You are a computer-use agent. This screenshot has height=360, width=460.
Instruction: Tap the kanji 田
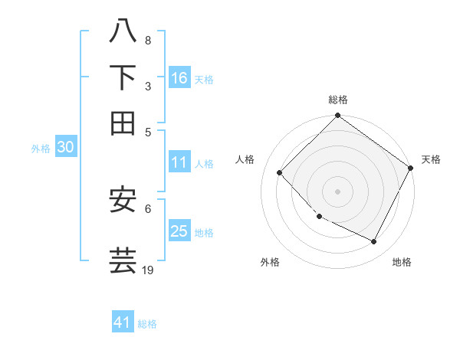tap(123, 123)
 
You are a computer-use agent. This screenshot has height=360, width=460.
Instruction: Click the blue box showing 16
tap(179, 78)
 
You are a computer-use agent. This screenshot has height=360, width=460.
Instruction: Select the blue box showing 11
tap(179, 162)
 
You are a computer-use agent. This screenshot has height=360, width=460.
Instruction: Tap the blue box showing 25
tap(179, 231)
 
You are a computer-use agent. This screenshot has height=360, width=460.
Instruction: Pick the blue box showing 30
tap(65, 148)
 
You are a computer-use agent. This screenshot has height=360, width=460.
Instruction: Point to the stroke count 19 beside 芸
tap(148, 270)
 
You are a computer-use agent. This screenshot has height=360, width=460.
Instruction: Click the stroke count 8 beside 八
tap(148, 41)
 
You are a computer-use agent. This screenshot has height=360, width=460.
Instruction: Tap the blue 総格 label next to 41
tap(147, 324)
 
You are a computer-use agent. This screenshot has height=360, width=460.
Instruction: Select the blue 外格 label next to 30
tap(41, 149)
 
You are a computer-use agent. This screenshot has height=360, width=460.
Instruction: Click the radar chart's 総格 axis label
tap(338, 100)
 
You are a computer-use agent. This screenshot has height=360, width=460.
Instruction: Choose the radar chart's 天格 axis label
tap(431, 159)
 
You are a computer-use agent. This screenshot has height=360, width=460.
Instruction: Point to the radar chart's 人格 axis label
tap(245, 159)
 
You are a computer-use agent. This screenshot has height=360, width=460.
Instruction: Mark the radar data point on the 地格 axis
tap(374, 242)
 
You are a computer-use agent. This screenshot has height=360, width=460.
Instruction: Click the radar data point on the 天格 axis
tap(410, 169)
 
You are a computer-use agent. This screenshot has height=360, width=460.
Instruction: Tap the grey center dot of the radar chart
tap(337, 191)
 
